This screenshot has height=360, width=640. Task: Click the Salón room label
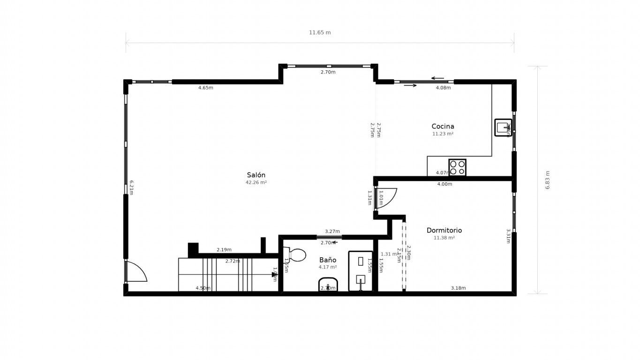[x=256, y=175]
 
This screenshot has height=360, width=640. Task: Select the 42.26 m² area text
[x=256, y=183]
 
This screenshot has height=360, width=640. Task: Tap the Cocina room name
[x=443, y=126]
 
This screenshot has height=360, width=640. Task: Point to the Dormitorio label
[x=444, y=230]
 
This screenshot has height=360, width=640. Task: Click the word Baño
[x=328, y=260]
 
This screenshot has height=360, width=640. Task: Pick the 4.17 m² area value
[x=328, y=267]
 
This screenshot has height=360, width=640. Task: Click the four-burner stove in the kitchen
[x=457, y=167]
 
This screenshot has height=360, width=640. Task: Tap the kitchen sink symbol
[x=503, y=127]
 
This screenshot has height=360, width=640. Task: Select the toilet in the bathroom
[x=296, y=255]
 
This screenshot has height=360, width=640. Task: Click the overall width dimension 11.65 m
[x=320, y=33]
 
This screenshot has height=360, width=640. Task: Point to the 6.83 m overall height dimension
[x=547, y=180]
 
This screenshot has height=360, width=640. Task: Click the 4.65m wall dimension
[x=205, y=88]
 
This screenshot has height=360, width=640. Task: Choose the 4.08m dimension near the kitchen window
[x=443, y=88]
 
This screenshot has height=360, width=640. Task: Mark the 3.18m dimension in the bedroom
[x=458, y=288]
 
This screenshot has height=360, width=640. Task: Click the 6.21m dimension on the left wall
[x=132, y=187]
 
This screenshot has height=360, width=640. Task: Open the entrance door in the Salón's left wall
[x=136, y=272]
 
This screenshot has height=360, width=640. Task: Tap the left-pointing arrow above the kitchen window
[x=437, y=78]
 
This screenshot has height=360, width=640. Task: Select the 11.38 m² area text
[x=444, y=238]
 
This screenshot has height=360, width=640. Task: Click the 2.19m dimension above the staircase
[x=224, y=250]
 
